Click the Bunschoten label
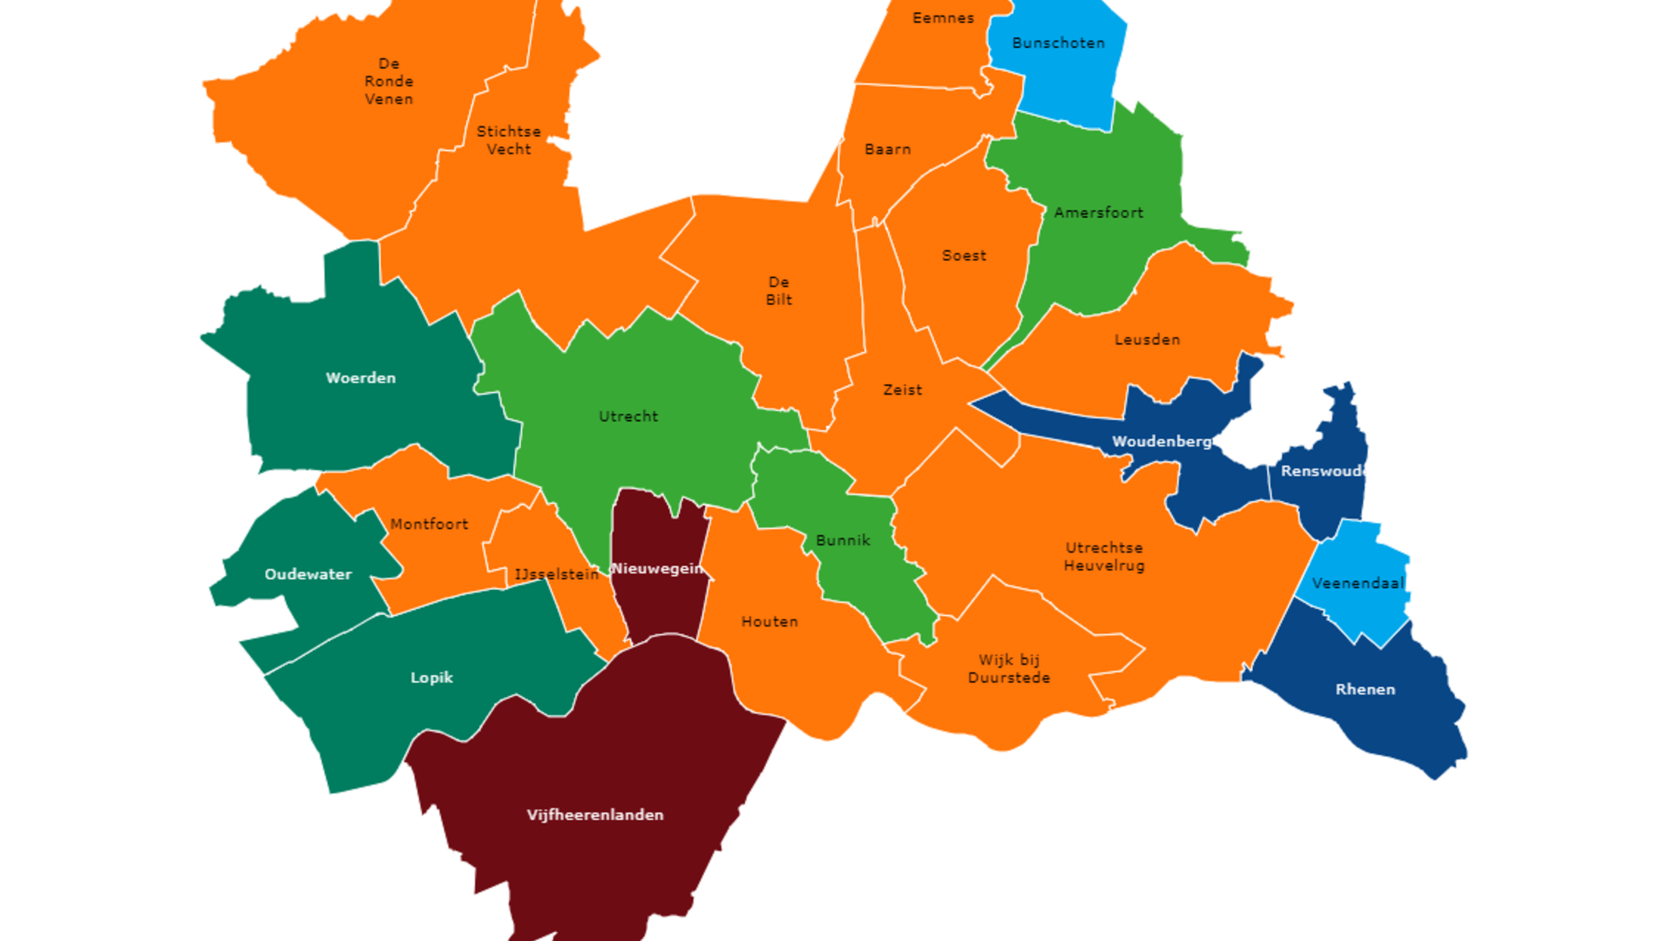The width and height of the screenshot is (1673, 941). point(1058,43)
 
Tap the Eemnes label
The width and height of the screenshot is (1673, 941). point(943,17)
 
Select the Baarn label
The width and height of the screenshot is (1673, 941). point(887,149)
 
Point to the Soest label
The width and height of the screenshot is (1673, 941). point(964,255)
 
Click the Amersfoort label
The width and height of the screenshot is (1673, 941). point(1098,213)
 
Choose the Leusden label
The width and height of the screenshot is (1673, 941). point(1147,340)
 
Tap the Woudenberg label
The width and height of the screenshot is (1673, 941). point(1161,442)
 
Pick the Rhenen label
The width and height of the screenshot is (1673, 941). point(1365,689)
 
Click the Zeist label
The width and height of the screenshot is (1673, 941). point(902,390)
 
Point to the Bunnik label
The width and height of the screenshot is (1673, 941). point(843,540)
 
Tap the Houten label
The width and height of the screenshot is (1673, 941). point(769,621)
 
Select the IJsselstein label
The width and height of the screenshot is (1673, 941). point(556,574)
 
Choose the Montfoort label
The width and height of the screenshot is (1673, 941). point(429,524)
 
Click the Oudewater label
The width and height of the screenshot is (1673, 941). point(308,574)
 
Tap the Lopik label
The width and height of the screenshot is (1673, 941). point(431,677)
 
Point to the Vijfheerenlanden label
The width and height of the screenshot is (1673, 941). point(595,815)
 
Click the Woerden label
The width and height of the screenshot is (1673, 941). point(360,377)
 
